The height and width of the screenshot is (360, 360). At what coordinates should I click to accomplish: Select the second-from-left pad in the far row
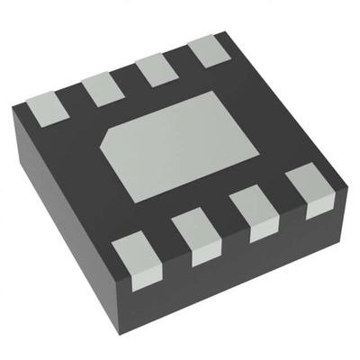(101, 89)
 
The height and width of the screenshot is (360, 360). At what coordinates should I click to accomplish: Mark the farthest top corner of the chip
(223, 32)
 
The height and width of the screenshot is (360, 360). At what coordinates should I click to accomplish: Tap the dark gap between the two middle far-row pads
(129, 77)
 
